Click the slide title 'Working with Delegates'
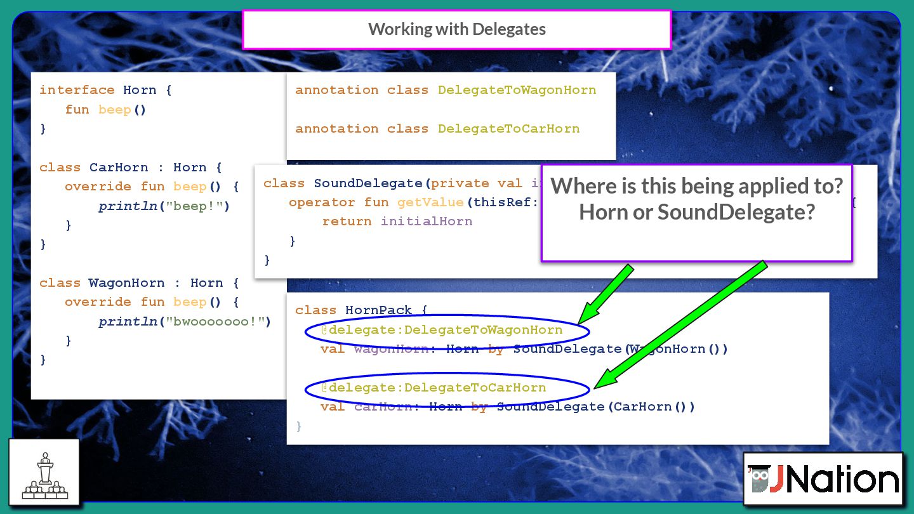(x=456, y=29)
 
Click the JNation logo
(x=823, y=478)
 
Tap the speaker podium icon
(x=44, y=471)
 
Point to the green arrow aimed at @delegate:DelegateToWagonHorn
(x=606, y=293)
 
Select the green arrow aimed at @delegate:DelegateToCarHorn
(x=680, y=324)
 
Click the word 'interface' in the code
(x=77, y=90)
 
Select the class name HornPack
(x=378, y=310)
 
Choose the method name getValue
(x=431, y=202)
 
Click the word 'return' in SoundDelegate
(x=347, y=221)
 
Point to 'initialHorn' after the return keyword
(x=427, y=221)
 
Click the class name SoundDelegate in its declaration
(x=368, y=183)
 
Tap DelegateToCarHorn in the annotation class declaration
(x=508, y=129)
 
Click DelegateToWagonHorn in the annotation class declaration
(x=517, y=90)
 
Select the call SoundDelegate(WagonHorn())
(x=620, y=349)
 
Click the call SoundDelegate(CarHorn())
(x=595, y=407)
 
